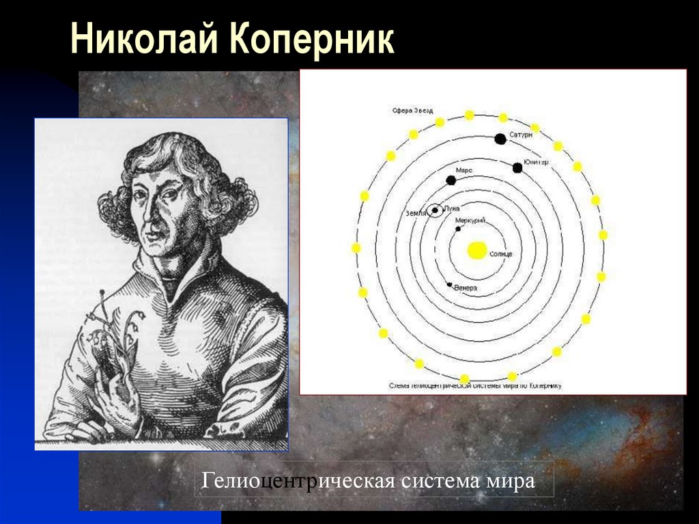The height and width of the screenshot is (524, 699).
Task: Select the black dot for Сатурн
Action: [500, 139]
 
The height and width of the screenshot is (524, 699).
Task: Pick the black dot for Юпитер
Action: [516, 167]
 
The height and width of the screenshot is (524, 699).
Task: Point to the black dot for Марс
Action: [451, 180]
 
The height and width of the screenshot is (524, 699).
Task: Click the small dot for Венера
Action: [448, 284]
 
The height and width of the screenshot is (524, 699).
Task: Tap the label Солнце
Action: [500, 254]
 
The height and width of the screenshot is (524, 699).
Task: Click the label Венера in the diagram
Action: [466, 289]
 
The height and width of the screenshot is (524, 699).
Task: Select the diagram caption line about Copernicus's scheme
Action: [475, 386]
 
